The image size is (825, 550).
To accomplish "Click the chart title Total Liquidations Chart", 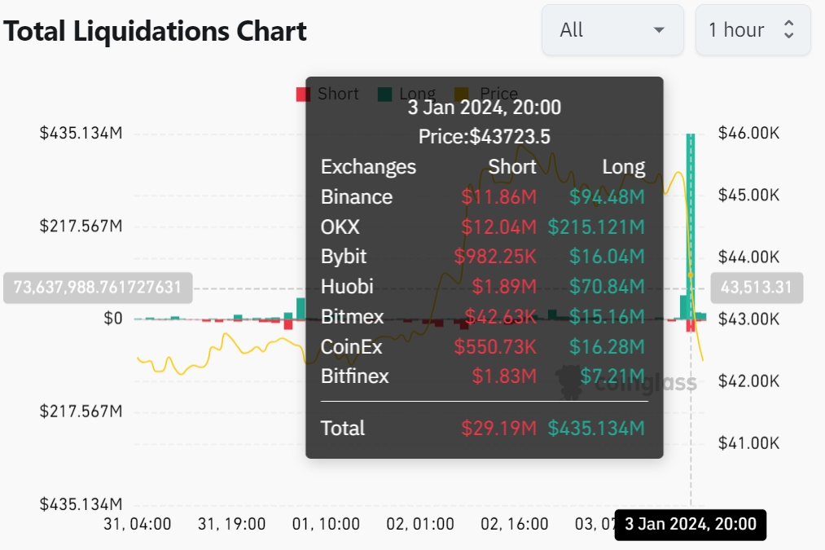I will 155,31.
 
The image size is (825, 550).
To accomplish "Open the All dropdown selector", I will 612,30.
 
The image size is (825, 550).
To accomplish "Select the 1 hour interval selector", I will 752,30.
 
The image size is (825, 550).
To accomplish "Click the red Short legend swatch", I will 303,94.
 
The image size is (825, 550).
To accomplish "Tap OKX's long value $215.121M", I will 596,227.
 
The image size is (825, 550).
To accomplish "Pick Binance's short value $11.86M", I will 498,197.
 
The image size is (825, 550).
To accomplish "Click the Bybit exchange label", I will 344,257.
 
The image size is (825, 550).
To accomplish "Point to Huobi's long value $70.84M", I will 607,287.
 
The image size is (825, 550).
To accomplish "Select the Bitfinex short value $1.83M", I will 504,376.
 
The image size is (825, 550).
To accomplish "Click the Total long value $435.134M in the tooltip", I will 596,429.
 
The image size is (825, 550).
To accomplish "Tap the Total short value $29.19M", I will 498,429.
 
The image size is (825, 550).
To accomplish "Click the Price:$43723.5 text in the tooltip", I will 485,137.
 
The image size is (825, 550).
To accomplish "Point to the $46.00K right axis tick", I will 748,133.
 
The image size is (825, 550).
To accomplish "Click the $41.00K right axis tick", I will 748,443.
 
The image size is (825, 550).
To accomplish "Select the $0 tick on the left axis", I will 113,319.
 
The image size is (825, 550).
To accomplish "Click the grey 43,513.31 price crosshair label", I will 757,288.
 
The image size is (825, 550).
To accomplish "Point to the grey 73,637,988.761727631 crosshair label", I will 98,288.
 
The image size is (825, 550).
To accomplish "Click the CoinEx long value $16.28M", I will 607,347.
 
